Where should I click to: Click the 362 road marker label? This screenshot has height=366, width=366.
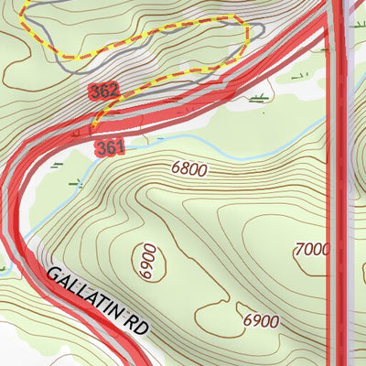point(105,91)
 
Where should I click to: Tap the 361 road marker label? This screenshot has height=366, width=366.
point(108,146)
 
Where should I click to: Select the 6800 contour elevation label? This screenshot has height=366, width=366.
point(188,168)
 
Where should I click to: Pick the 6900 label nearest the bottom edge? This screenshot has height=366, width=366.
point(261,321)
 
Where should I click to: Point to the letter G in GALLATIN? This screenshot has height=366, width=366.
point(52,274)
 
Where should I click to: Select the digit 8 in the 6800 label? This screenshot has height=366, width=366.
point(183,168)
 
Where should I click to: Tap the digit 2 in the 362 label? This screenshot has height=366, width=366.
point(114,91)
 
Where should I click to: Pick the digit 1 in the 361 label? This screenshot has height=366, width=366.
point(117,146)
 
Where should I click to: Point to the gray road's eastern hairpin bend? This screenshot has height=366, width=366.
point(261,32)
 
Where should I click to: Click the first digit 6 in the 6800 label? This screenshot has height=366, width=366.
point(175,168)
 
